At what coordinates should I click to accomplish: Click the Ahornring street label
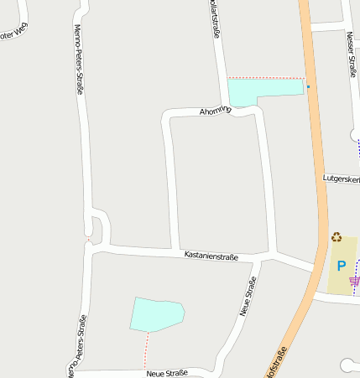(x=215, y=110)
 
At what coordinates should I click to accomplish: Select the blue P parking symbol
(x=341, y=266)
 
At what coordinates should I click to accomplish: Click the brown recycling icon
(x=337, y=237)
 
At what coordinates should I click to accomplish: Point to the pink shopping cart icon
(x=354, y=282)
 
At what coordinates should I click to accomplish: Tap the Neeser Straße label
(x=351, y=54)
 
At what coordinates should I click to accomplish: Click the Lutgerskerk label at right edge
(x=342, y=179)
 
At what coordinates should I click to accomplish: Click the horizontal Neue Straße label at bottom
(x=166, y=372)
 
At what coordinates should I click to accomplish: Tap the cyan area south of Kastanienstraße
(x=157, y=313)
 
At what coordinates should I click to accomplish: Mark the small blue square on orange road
(x=308, y=86)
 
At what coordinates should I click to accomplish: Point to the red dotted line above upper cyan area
(x=265, y=78)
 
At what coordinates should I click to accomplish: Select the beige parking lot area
(x=339, y=277)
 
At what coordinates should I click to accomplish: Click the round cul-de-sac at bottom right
(x=348, y=365)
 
